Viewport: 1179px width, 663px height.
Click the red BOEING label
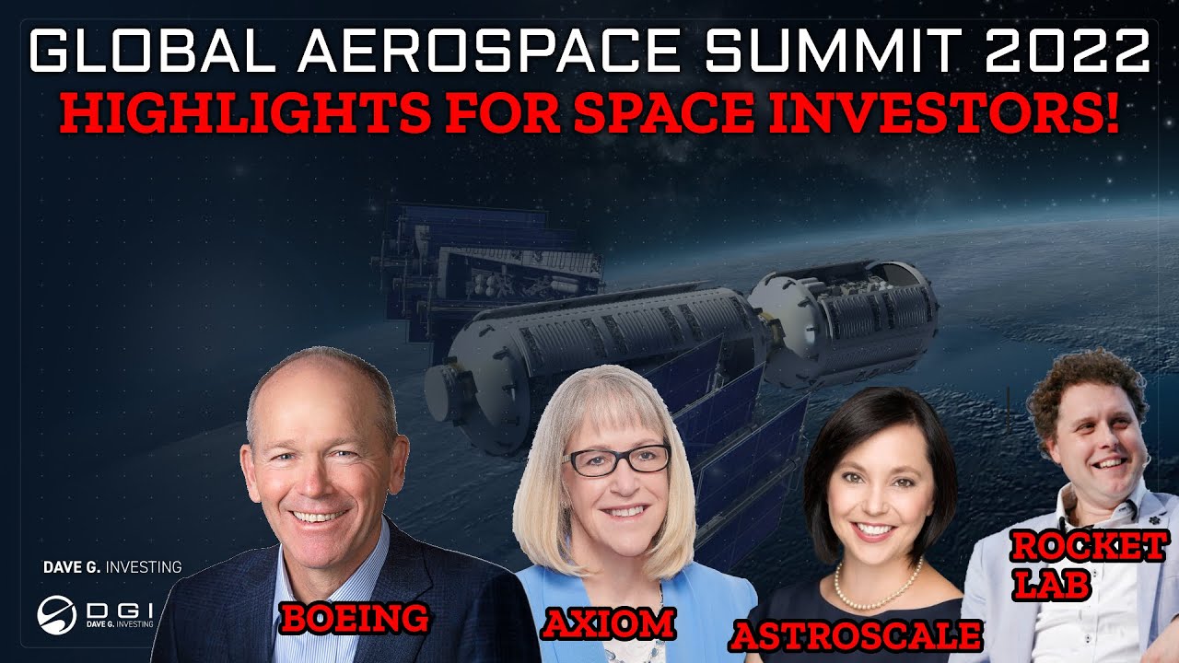[x=355, y=617]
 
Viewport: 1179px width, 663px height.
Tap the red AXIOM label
[x=607, y=623]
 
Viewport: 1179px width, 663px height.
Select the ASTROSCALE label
[x=856, y=634]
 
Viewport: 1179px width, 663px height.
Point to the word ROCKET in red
[x=1088, y=548]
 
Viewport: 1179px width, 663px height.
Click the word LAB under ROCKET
[x=1047, y=584]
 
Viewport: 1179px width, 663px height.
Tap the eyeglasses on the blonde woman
[x=617, y=459]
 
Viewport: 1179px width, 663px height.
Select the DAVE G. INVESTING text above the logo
[x=112, y=567]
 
